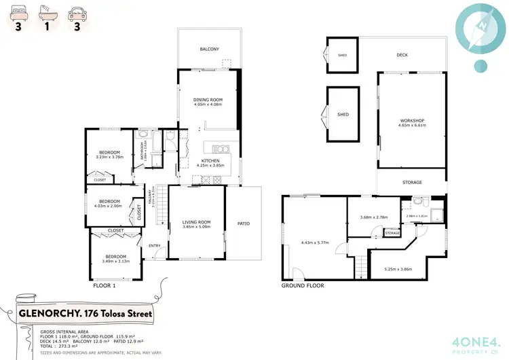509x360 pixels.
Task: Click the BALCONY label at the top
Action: point(209,50)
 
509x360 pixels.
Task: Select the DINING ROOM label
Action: point(208,100)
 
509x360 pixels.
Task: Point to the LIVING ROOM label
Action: point(196,222)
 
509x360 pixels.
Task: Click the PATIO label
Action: point(243,222)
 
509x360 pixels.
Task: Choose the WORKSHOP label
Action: point(411,121)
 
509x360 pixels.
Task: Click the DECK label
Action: point(402,55)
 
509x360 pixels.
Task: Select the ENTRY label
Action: point(155,247)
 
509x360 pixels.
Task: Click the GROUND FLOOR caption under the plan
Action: point(303,286)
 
